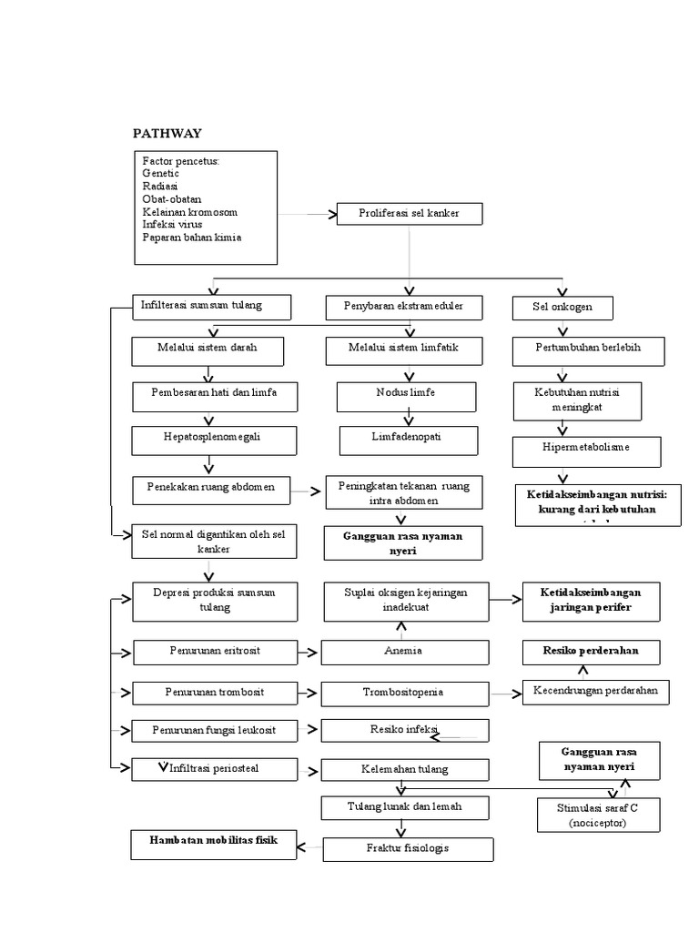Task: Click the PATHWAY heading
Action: click(x=167, y=134)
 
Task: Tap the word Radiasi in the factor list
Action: click(x=160, y=186)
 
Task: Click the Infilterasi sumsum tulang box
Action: click(x=212, y=307)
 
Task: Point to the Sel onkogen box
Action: click(x=562, y=308)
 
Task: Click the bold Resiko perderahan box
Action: click(x=592, y=652)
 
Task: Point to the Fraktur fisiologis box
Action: click(x=409, y=849)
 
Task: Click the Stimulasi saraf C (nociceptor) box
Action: click(x=597, y=815)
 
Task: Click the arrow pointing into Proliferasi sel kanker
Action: click(x=309, y=215)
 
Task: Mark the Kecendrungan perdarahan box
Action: click(x=596, y=692)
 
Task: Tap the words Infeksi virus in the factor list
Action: click(x=172, y=225)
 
